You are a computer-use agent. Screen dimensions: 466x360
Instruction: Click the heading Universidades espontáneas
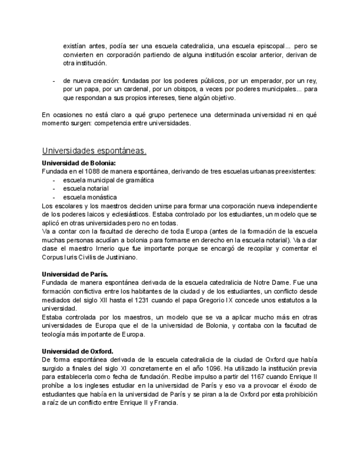[x=94, y=151]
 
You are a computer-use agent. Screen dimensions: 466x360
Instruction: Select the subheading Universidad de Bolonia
[x=79, y=163]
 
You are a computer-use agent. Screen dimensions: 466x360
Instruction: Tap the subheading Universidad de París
[x=75, y=273]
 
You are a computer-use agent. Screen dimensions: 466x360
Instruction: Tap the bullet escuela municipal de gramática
[x=108, y=180]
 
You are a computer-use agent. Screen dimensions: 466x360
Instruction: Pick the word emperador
[x=239, y=81]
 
